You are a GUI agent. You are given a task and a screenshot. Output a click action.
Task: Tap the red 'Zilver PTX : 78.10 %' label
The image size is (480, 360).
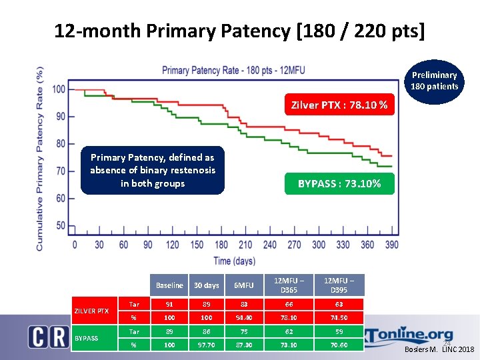click(x=340, y=105)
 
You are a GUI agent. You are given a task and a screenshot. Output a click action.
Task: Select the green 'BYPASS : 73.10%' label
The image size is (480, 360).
click(x=340, y=183)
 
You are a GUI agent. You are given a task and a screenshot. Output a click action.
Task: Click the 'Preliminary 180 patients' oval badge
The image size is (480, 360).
click(x=434, y=81)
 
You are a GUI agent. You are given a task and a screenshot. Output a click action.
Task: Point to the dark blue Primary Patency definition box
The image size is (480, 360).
click(x=153, y=170)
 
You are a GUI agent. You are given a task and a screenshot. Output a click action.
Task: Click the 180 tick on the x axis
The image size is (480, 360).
click(x=221, y=245)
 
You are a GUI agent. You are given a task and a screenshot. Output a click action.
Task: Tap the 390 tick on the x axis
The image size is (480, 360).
click(x=391, y=245)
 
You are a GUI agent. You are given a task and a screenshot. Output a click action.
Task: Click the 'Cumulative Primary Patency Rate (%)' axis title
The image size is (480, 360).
click(x=40, y=158)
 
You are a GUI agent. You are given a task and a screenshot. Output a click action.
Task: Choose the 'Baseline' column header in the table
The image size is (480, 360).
click(x=169, y=285)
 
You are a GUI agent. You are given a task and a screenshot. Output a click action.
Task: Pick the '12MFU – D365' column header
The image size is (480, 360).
click(x=289, y=285)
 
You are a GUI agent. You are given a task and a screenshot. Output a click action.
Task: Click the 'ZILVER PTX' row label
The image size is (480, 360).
click(x=91, y=311)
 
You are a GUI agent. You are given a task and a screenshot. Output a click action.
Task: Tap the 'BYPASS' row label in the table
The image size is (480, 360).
click(x=86, y=338)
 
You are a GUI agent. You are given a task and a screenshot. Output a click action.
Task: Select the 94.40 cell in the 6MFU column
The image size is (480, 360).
click(x=243, y=317)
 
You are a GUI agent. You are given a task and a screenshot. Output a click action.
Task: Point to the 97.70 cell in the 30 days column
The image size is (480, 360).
click(x=206, y=345)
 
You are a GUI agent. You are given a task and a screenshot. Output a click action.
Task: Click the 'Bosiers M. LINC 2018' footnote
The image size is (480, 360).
click(x=440, y=350)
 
